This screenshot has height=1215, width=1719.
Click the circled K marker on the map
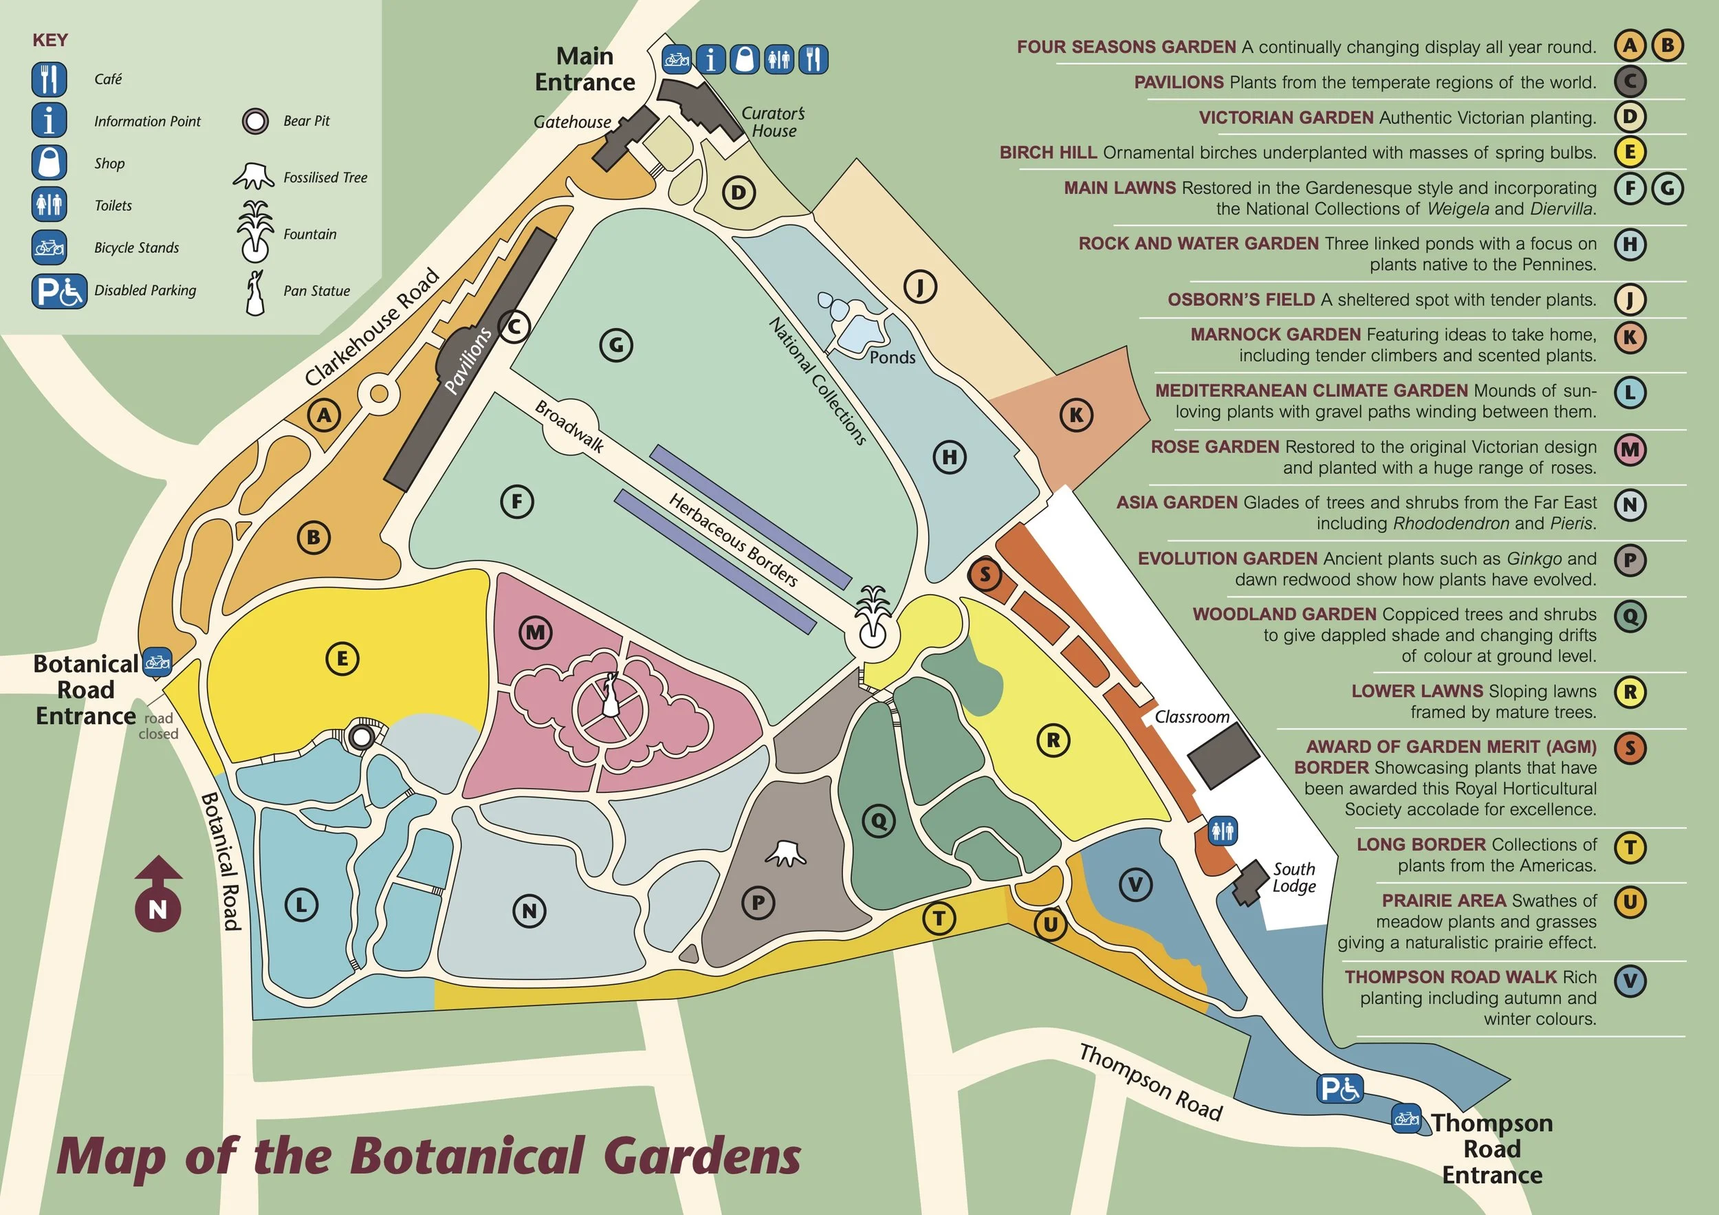(1076, 415)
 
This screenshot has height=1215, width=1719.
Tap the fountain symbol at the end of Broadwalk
(873, 618)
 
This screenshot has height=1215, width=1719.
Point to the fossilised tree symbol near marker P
(785, 853)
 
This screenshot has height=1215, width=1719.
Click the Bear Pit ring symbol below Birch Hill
(362, 737)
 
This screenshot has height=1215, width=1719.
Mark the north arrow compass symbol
(157, 895)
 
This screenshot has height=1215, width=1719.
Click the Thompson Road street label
(1150, 1082)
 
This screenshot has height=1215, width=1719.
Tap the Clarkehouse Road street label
(372, 327)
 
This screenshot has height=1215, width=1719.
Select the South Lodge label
(1294, 877)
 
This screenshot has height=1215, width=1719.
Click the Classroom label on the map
(1192, 717)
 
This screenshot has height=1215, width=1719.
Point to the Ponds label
(893, 358)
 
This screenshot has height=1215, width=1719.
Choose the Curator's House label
(774, 122)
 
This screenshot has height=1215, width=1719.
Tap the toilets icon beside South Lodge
(1223, 831)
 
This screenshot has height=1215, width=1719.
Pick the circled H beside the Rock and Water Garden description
(1629, 245)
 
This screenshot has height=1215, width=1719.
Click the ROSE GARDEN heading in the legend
(1214, 447)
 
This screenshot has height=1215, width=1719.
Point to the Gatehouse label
(572, 122)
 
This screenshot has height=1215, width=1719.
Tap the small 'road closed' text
(159, 726)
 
